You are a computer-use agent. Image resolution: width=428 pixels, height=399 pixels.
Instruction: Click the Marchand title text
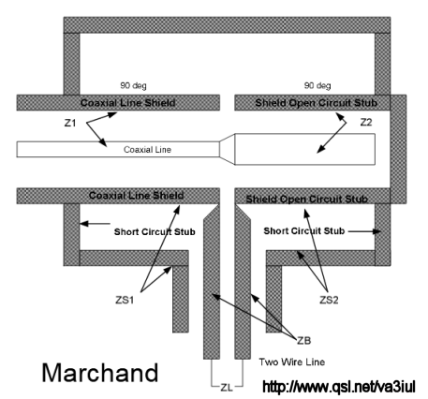coord(100,373)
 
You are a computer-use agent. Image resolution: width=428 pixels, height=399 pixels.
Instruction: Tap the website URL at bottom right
coord(339,387)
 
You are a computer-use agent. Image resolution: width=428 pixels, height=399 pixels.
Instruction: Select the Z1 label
coord(70,124)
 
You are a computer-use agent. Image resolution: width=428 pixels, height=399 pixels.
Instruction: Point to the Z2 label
coord(366,123)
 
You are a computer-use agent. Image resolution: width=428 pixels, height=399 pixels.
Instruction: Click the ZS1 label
coord(125,300)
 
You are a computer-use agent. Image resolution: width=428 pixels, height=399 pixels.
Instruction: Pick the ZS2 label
coord(329,300)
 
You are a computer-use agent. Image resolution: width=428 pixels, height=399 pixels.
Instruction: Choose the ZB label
coord(303,341)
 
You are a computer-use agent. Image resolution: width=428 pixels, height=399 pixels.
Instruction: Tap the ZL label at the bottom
coord(227,388)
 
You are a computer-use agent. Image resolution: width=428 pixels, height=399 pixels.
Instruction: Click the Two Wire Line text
coord(292,362)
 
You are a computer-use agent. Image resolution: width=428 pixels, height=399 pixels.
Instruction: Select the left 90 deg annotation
coord(133,85)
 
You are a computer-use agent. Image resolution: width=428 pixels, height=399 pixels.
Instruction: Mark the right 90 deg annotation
coord(317,85)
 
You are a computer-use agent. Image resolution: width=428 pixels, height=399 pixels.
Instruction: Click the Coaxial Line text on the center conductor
coord(147,150)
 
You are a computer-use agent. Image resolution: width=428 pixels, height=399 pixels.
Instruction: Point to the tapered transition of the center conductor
coord(227,149)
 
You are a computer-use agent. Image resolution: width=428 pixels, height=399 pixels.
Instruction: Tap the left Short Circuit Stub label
coord(155,232)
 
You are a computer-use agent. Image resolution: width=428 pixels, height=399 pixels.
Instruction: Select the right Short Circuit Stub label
coord(304,231)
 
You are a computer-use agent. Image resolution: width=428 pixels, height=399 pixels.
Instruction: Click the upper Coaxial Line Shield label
coord(127,103)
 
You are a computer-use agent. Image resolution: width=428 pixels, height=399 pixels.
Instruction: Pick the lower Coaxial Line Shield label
coord(136,196)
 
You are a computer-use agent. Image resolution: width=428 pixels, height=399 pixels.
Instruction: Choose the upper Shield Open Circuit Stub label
coord(317,103)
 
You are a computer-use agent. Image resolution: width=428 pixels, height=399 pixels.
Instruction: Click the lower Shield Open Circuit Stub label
coord(307,199)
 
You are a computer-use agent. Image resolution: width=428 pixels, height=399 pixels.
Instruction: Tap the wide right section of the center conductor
coord(305,149)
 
